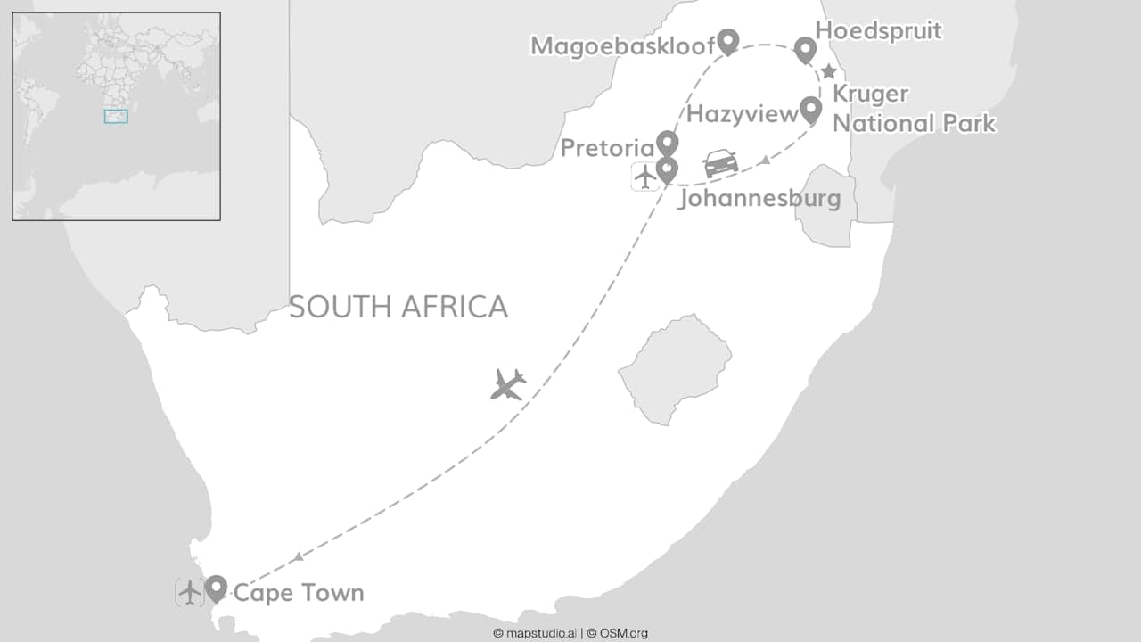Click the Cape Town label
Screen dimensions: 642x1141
coord(298,593)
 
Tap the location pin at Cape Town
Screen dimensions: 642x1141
coord(216,588)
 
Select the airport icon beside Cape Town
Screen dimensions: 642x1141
coord(189,592)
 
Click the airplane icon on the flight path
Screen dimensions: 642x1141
coord(507,384)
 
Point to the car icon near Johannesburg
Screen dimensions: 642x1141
coord(720,163)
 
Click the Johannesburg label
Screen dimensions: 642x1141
coord(759,198)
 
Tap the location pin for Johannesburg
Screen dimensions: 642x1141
coord(667,169)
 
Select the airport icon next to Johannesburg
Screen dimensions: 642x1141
coord(644,177)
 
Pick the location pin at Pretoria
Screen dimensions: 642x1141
coord(667,143)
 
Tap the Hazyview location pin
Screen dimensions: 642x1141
coord(810,110)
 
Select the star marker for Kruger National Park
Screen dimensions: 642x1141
coord(828,71)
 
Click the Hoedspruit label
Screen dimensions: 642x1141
coord(879,31)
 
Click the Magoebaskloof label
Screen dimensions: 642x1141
coord(623,45)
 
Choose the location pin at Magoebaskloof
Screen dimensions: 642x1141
coord(728,41)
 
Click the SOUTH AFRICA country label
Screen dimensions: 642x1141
coord(398,307)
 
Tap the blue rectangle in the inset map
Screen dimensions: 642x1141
coord(116,116)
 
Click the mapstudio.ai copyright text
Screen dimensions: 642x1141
coord(534,633)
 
